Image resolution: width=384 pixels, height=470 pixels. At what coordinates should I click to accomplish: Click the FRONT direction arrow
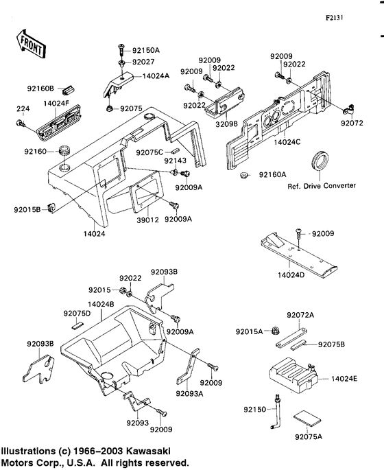coord(32,45)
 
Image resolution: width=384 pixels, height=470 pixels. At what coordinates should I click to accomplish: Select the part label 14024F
coord(57,104)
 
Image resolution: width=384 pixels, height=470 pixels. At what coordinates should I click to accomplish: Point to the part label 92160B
coord(40,88)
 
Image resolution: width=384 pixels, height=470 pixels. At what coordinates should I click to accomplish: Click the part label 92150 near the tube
coord(253,410)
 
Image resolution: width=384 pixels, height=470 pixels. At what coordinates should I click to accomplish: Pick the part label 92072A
coord(300,315)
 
